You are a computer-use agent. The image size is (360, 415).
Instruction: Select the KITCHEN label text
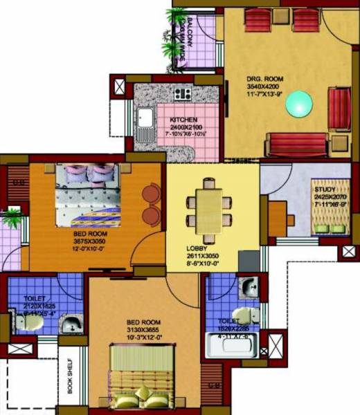(x=183, y=120)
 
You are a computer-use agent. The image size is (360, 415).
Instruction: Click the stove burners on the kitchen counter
(x=183, y=93)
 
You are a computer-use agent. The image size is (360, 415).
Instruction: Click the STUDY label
(x=325, y=190)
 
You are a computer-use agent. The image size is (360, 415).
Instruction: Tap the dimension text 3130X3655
(x=143, y=330)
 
